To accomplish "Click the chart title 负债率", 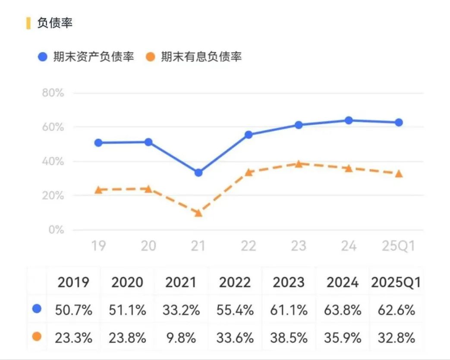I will point(55,23).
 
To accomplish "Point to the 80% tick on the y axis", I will point(53,93).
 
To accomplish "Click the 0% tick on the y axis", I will point(56,229).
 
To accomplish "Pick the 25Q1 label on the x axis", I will point(398,246).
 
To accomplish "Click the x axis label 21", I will point(198,246).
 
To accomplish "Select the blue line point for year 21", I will point(198,172).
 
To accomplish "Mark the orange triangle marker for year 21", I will point(198,213).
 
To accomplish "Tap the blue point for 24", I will point(349,120).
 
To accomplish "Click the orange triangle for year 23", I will point(299,163).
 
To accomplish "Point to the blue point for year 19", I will point(98,143).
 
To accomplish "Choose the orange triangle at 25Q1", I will point(399,173).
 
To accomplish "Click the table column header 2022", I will point(235,283).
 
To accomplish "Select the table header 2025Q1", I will point(396,283).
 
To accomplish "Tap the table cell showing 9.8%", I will point(181,338).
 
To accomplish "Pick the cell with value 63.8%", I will point(343,310).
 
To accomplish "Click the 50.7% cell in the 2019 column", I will point(74,310).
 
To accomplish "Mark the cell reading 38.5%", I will point(290,338).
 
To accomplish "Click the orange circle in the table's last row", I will point(37,336).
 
